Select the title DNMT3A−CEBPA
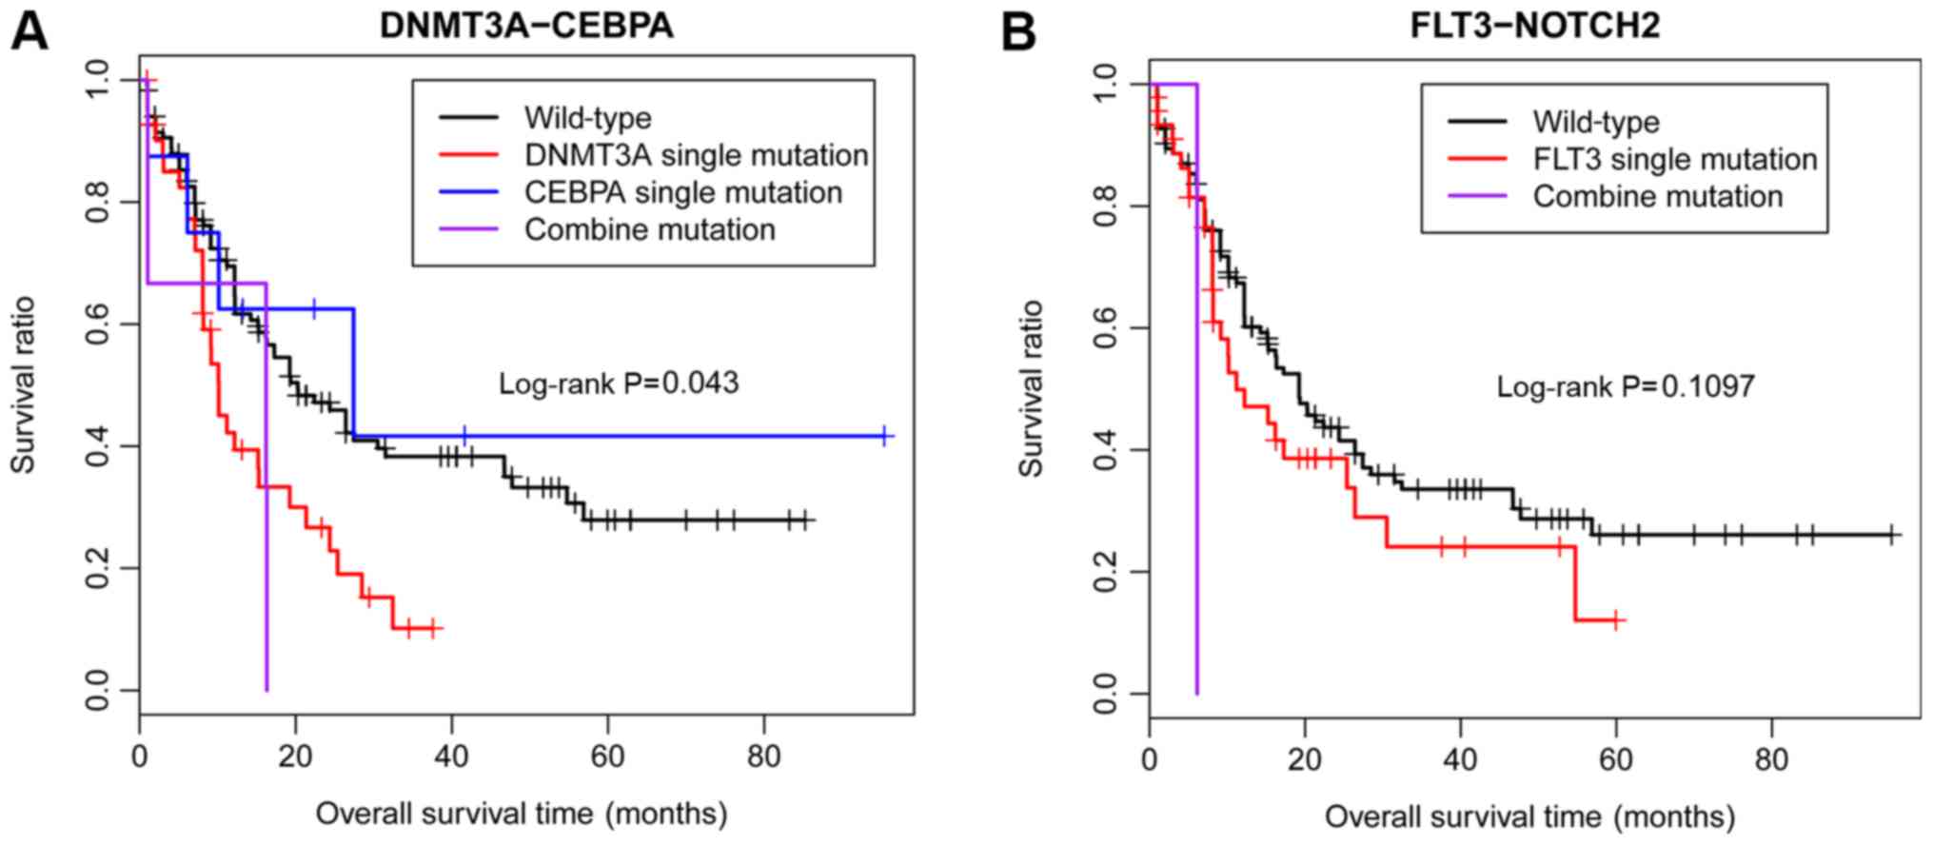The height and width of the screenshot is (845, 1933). tap(526, 26)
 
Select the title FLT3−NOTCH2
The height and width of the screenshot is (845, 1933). tap(1535, 26)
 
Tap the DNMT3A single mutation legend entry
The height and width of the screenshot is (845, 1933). tap(696, 155)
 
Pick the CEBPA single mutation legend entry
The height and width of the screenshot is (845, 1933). tap(682, 192)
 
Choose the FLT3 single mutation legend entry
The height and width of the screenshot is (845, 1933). tap(1674, 159)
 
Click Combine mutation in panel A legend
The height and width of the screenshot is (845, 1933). tap(649, 229)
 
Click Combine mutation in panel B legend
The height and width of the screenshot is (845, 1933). tap(1657, 196)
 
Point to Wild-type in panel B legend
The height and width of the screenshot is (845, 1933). tap(1595, 122)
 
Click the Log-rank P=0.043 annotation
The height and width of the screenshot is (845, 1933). tap(619, 383)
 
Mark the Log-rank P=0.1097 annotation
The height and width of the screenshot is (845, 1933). tap(1626, 386)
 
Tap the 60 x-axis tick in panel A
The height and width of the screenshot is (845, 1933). tap(607, 757)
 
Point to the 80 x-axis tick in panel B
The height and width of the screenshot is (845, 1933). tap(1771, 761)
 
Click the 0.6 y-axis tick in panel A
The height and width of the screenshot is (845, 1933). tap(98, 324)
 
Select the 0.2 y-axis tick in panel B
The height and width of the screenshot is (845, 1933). tap(1106, 571)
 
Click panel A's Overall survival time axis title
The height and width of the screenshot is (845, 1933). tap(522, 815)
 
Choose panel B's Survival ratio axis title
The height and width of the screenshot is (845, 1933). tap(1031, 388)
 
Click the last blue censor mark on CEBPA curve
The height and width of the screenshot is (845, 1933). tap(884, 436)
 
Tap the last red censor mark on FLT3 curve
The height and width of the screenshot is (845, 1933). tap(1615, 620)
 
